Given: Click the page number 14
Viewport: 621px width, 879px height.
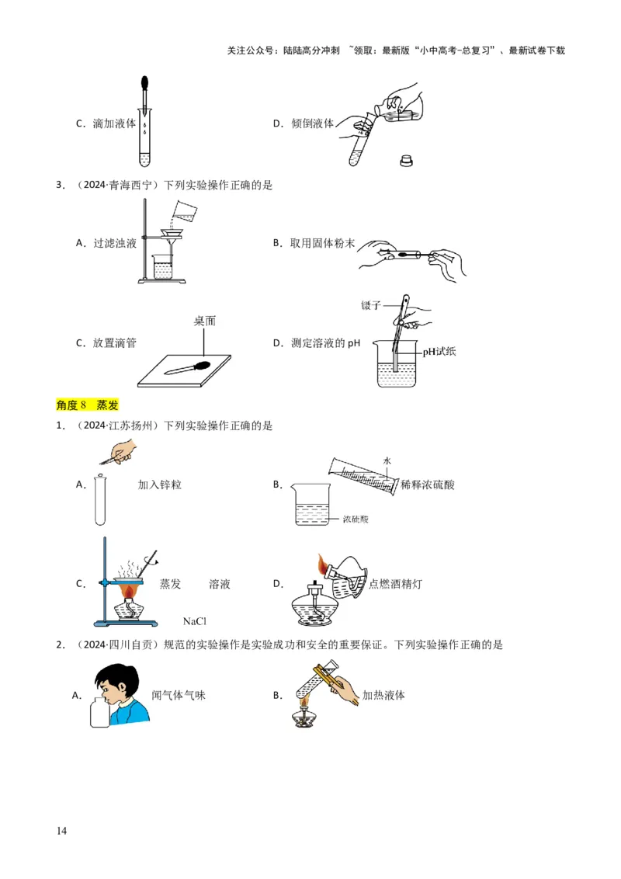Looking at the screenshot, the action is (x=61, y=831).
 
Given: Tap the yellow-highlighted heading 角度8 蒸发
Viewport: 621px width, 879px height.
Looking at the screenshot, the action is (x=88, y=405).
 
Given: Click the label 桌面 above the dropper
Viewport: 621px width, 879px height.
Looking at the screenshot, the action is (x=205, y=321).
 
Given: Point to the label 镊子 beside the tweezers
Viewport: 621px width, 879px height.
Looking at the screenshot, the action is (x=371, y=305).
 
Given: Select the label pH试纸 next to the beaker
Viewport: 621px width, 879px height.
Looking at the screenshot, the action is (x=439, y=352).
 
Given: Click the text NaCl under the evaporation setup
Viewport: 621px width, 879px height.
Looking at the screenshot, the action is (x=195, y=621).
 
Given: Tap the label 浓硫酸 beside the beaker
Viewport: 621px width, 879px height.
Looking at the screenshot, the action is (x=356, y=519).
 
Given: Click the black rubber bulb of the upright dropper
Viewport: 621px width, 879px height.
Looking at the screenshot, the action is (x=144, y=84).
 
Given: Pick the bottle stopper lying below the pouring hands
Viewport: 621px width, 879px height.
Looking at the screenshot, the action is (x=406, y=161).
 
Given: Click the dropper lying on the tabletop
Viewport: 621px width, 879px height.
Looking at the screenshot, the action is (x=188, y=368).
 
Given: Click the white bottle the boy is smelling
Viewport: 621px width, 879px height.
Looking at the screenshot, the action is (x=100, y=712).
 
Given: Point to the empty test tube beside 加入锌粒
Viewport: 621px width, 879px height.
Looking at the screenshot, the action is (x=100, y=500).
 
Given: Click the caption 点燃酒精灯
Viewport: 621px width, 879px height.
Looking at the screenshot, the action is (x=395, y=584).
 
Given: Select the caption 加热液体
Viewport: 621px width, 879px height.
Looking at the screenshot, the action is (x=383, y=695).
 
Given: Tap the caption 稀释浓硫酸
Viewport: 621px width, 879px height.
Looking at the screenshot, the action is (x=428, y=485).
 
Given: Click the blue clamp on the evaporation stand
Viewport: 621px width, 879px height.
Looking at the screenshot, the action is (x=104, y=583).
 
